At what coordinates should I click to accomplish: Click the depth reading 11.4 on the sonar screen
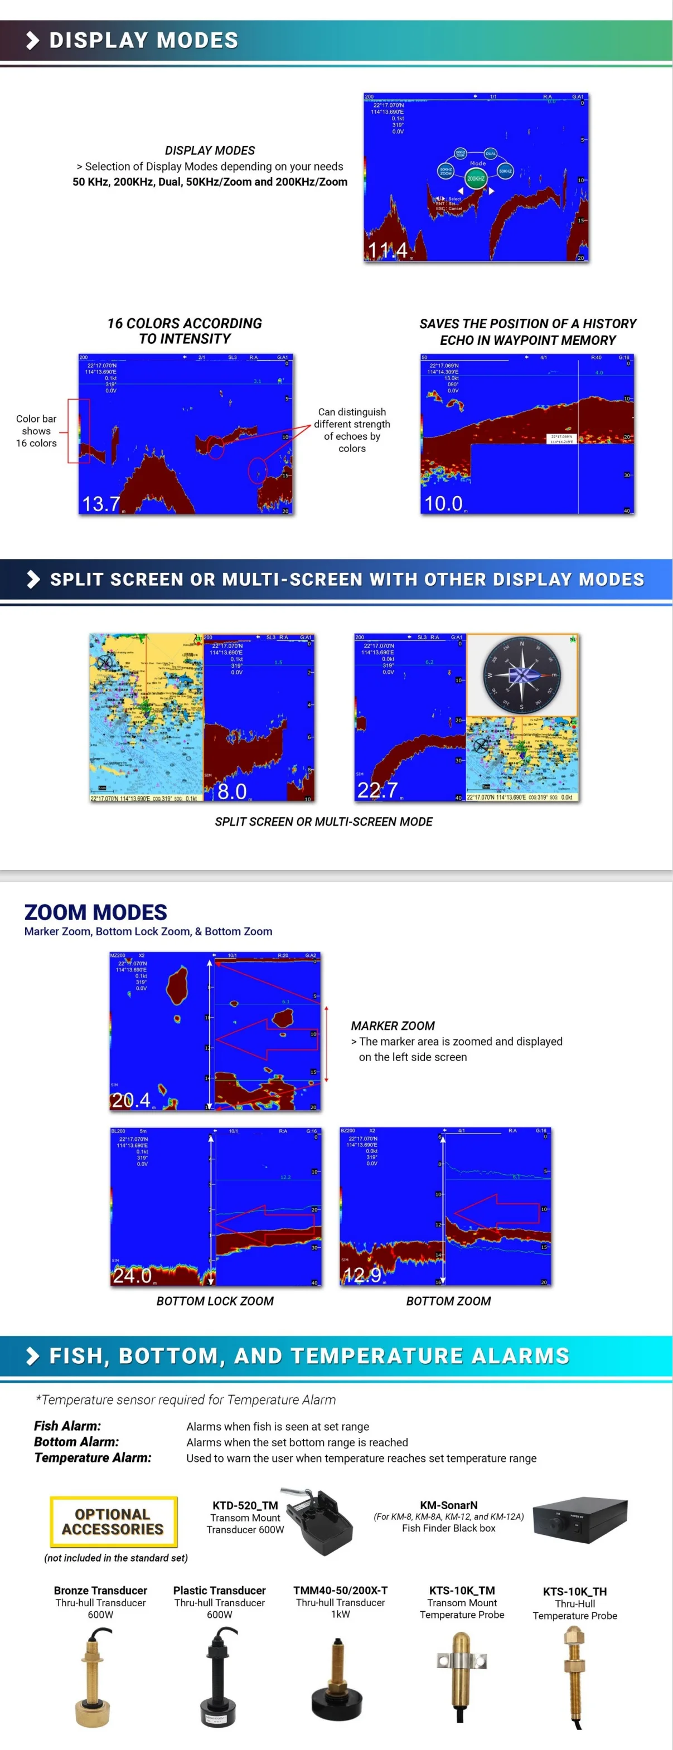click(x=388, y=251)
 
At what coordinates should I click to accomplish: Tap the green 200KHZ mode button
click(x=475, y=179)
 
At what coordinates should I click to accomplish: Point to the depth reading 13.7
click(x=100, y=503)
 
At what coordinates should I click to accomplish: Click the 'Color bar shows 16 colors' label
click(x=37, y=431)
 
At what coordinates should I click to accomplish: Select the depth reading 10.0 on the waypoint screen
click(x=443, y=503)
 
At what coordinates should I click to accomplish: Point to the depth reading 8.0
click(x=232, y=791)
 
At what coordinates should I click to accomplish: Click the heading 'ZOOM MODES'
click(x=96, y=912)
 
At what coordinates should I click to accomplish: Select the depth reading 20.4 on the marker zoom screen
click(x=130, y=1100)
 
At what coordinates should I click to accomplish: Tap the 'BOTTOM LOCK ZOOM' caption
click(x=215, y=1301)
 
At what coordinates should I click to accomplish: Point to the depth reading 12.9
click(x=362, y=1275)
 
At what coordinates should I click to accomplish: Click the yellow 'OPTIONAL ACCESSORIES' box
click(x=114, y=1521)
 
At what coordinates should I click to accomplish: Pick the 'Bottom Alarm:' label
click(x=77, y=1442)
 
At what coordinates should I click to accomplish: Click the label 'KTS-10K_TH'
click(x=574, y=1592)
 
